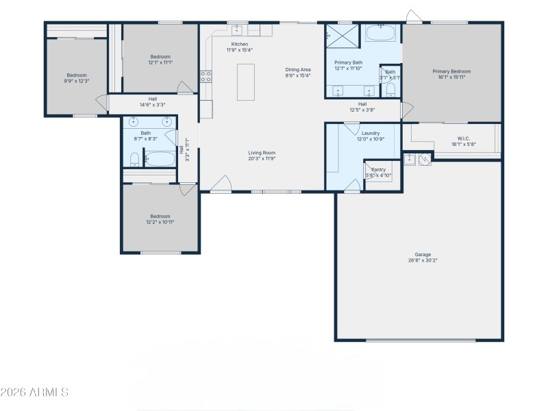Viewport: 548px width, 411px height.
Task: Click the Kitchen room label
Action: (239, 44)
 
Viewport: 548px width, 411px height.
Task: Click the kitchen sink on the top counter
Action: (238, 29)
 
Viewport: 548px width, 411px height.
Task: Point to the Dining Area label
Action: (298, 69)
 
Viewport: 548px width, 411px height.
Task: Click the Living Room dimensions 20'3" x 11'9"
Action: (262, 158)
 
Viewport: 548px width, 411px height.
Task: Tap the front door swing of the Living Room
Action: (221, 184)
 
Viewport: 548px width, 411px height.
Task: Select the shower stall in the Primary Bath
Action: (341, 34)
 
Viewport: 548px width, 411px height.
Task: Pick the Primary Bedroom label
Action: (451, 71)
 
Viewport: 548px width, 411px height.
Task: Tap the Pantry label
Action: (379, 170)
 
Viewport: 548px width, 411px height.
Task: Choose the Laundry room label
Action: (371, 133)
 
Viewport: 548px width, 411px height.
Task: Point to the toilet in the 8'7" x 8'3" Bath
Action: (134, 160)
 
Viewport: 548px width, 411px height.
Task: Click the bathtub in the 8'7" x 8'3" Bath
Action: (161, 159)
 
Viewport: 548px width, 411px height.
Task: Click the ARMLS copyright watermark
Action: (34, 393)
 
